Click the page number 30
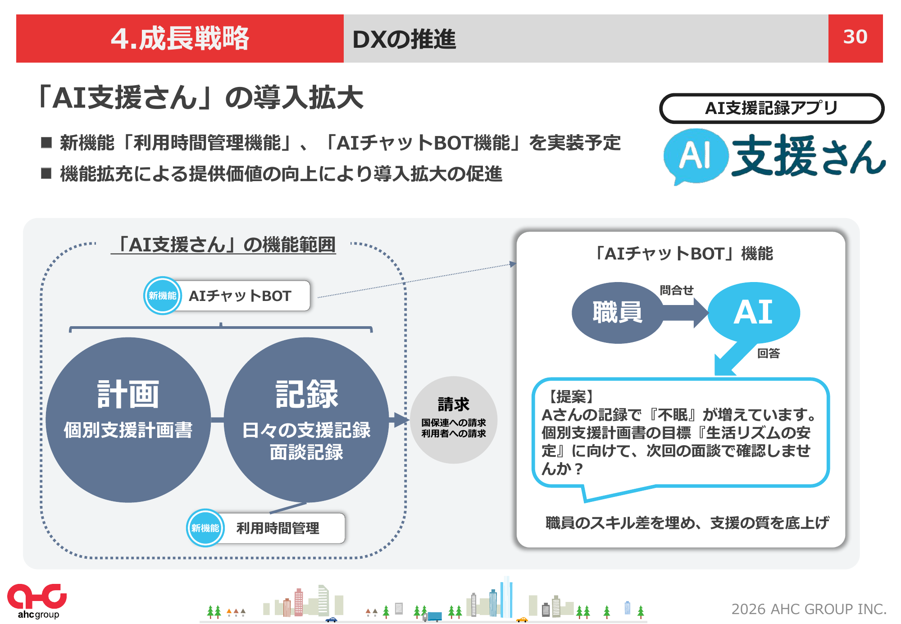tap(855, 37)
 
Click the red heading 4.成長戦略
tap(180, 38)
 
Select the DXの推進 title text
tap(404, 39)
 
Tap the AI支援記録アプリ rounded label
tap(772, 108)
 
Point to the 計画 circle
tap(128, 420)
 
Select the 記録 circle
tap(306, 420)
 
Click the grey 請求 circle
tap(454, 420)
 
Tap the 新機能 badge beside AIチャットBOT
tap(163, 296)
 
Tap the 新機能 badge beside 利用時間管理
tap(205, 528)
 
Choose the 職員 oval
tap(618, 313)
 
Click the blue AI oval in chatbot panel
tap(754, 312)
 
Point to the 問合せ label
tap(677, 290)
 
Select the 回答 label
tap(769, 353)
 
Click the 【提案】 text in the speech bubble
tap(569, 396)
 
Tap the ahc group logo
tap(37, 601)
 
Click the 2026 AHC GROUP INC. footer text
tap(809, 609)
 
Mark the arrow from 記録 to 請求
tap(399, 420)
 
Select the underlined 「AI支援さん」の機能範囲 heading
tap(223, 245)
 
